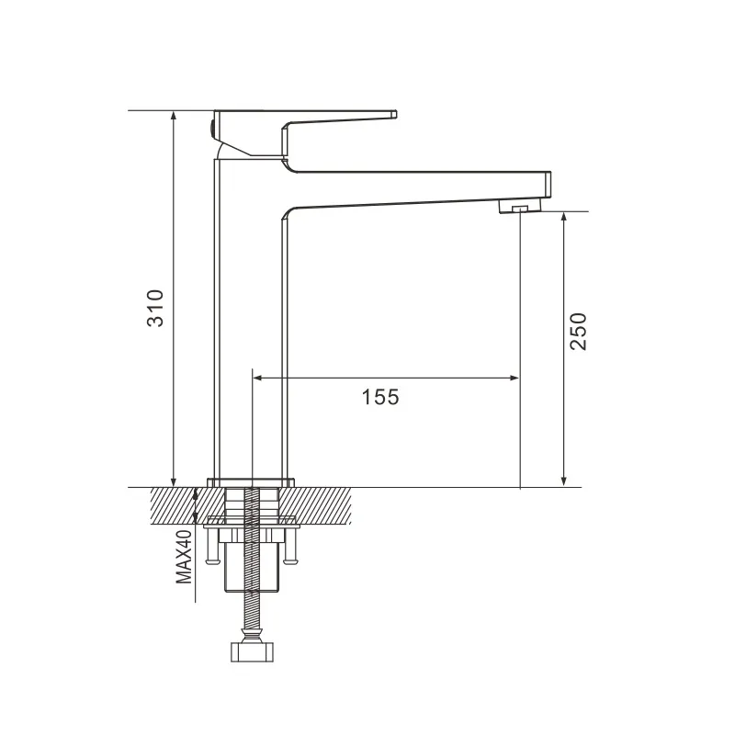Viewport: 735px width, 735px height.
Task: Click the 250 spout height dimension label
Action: [x=578, y=331]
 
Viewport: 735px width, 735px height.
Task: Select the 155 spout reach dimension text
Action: [x=379, y=397]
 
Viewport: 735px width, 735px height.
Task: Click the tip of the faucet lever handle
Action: [x=393, y=114]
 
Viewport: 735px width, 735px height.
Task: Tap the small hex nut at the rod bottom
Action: [x=251, y=651]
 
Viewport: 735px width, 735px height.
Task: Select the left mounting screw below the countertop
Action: [x=212, y=548]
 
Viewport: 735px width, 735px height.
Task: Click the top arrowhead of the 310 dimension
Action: [x=173, y=116]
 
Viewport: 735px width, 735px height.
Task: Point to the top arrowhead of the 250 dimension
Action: [x=564, y=218]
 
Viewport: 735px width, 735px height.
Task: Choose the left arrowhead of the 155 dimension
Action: [x=258, y=377]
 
